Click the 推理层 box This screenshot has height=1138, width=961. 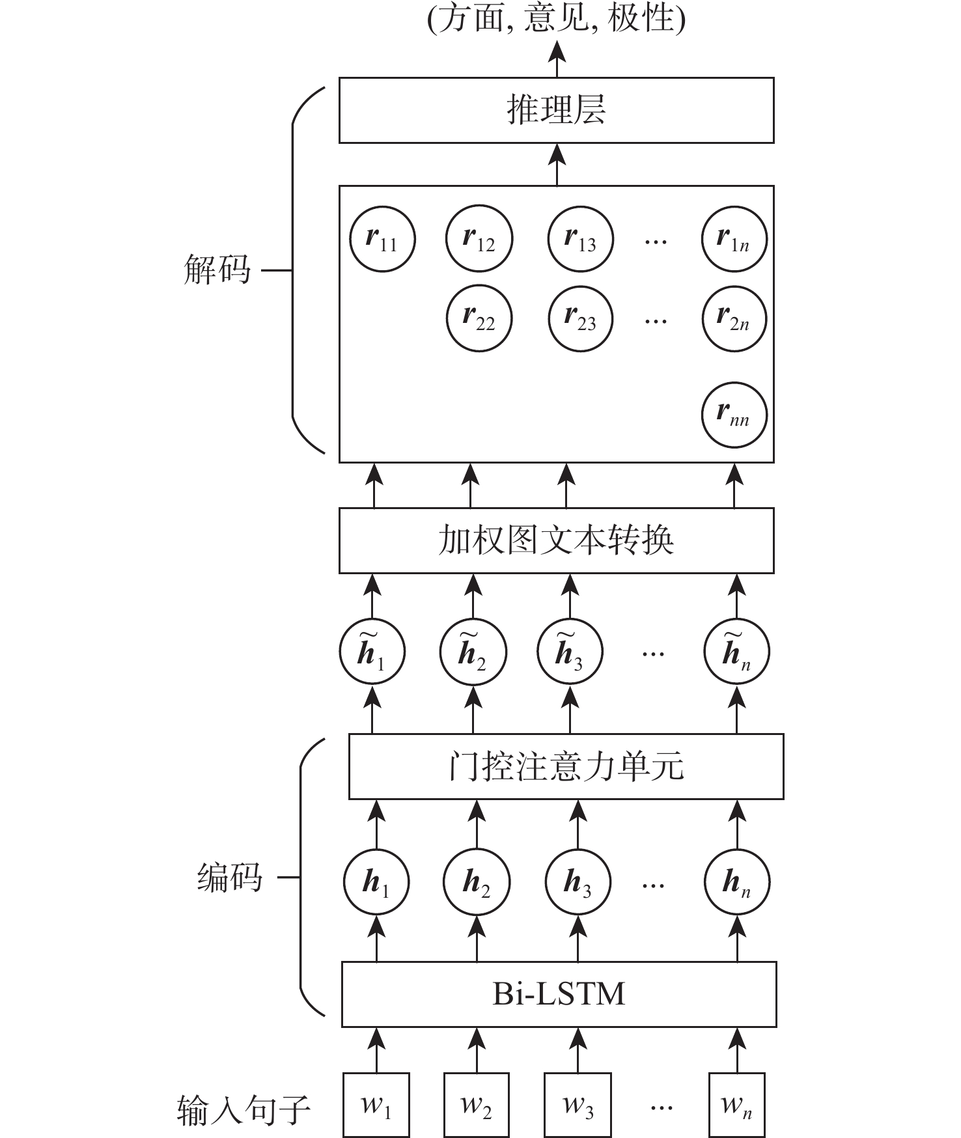pos(556,110)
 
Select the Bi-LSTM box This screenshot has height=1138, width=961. pos(559,993)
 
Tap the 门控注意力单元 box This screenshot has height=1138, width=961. pos(566,766)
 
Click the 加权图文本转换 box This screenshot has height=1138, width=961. pos(556,540)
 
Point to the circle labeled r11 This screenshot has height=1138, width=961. pos(382,239)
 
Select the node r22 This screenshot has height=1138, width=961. pos(479,318)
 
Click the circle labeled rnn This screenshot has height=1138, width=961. pos(734,415)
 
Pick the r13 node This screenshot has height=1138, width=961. pos(581,239)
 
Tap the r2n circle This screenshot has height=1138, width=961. pos(734,318)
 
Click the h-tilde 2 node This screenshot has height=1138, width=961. pos(473,652)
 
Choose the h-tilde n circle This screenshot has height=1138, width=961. pos(736,652)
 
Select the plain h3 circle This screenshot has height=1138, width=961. pos(578,882)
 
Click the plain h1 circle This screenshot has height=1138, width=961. pos(376,882)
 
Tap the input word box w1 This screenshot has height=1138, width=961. pos(376,1105)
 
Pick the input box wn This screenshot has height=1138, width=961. pos(736,1105)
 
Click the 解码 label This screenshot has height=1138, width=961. pos(217,269)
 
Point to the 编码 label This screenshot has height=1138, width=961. pos(229,878)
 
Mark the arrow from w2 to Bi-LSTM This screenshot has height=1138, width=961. pos(477,1049)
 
